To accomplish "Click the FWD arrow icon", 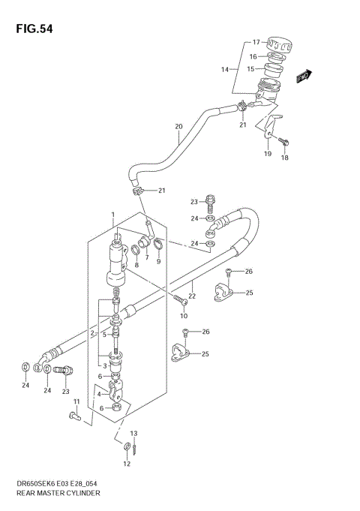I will coord(303,75).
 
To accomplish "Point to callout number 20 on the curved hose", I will coord(178,127).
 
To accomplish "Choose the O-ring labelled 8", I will coord(136,250).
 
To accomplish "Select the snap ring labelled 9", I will coord(159,244).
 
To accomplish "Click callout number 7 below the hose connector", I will coord(147,258).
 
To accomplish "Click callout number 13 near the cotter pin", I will coord(134,434).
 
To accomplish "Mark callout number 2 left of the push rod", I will coord(92,332).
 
